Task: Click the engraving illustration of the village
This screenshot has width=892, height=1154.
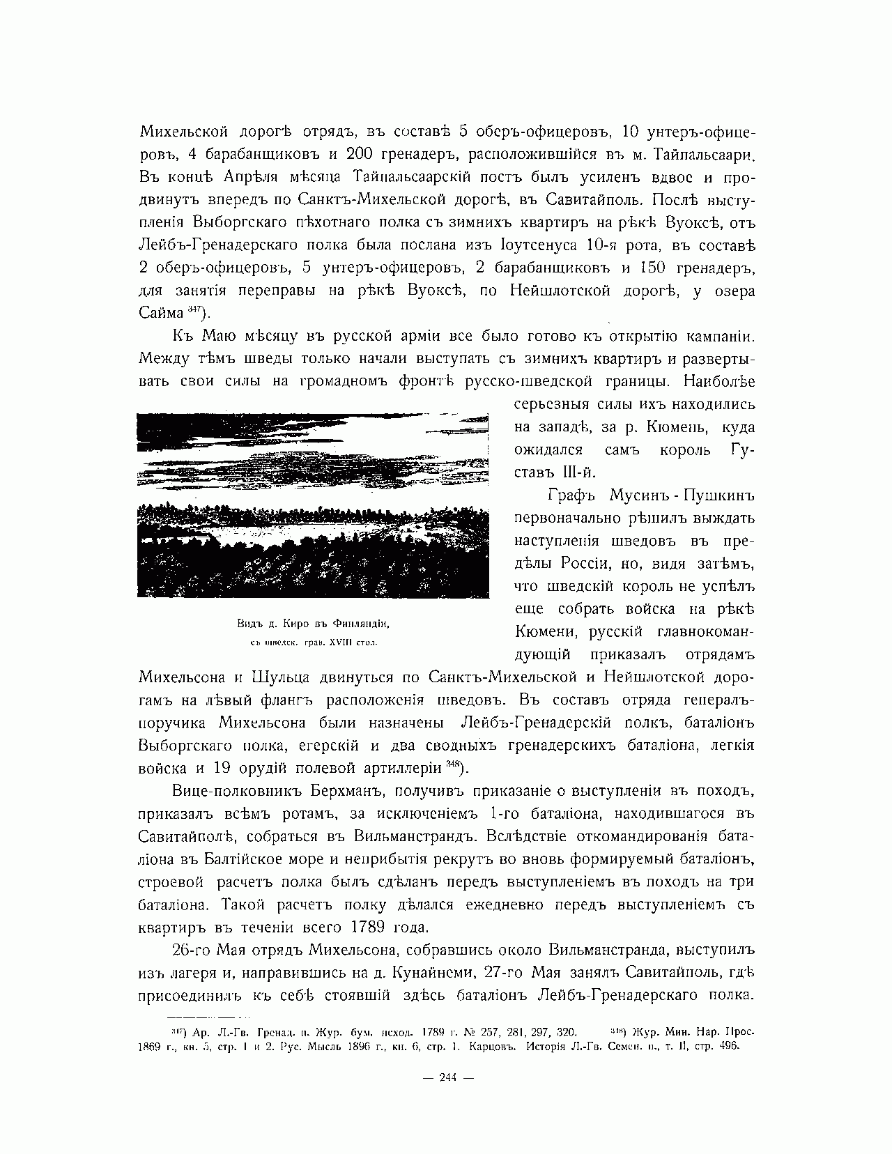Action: (x=313, y=505)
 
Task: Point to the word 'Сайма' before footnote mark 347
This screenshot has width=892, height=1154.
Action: (x=160, y=313)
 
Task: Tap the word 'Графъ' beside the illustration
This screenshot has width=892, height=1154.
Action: (x=570, y=495)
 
